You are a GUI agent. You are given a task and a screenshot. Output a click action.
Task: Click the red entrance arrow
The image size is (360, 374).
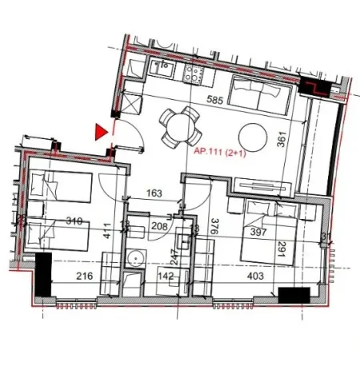pyautogui.click(x=100, y=131)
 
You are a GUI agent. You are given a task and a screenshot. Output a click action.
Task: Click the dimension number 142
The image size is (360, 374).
pyautogui.click(x=166, y=277)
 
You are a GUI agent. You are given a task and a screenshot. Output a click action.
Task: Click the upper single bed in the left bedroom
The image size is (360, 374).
pyautogui.click(x=58, y=187)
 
